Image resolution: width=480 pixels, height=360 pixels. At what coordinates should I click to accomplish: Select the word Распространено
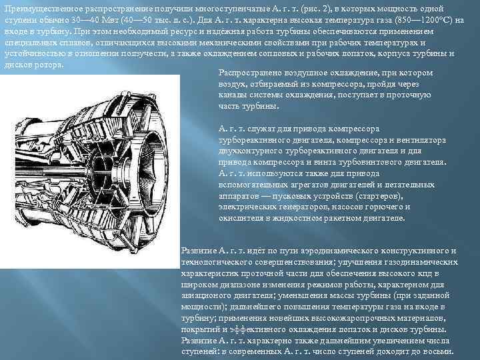[251, 73]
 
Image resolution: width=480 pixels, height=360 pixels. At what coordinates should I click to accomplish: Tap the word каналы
[231, 95]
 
